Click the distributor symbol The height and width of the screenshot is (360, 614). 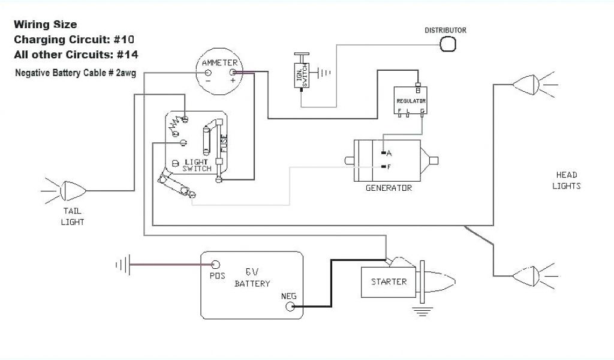point(447,44)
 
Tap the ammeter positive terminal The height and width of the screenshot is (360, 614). point(233,73)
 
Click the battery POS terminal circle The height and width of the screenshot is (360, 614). point(216,265)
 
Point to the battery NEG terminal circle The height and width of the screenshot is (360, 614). point(290,307)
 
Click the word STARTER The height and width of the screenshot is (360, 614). point(389,281)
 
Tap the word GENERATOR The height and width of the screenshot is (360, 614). point(389,188)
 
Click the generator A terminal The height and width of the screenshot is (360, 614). point(383,153)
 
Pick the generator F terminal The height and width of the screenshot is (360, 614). point(383,166)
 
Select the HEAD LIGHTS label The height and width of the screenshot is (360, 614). point(567,180)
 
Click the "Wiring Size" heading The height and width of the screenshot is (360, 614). point(46,25)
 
